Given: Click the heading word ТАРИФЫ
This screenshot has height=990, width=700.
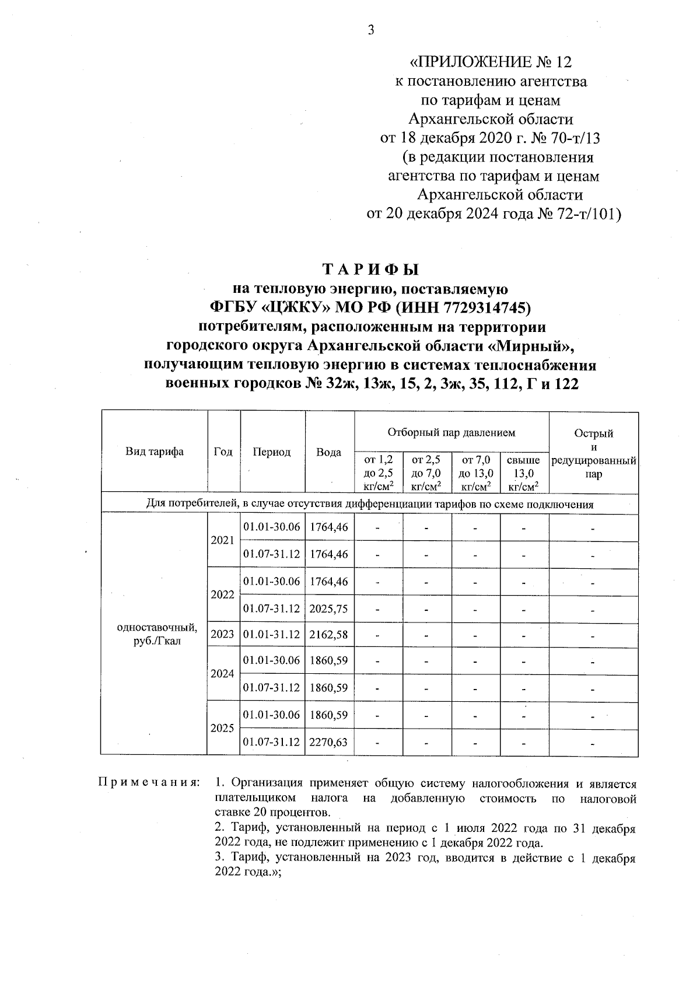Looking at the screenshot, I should point(371,270).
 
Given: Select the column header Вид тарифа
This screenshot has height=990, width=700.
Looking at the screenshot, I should point(155,452).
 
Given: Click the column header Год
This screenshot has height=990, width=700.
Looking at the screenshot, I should point(223,452).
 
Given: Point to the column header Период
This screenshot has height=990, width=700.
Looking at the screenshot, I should point(272,452).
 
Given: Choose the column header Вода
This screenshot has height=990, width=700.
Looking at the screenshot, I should point(329,452).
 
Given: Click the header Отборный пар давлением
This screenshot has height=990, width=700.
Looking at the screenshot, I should point(452,432).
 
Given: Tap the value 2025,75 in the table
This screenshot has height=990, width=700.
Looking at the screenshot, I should point(329,608).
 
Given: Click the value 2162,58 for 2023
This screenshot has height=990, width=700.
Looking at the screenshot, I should point(329,634).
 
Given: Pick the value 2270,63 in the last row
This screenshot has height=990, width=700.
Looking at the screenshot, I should point(329,742).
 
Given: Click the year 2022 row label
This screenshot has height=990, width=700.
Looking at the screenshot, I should point(222,594).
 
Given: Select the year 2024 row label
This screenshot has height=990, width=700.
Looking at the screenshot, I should point(222,674).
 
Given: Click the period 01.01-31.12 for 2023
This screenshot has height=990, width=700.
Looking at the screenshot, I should point(272,634).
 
